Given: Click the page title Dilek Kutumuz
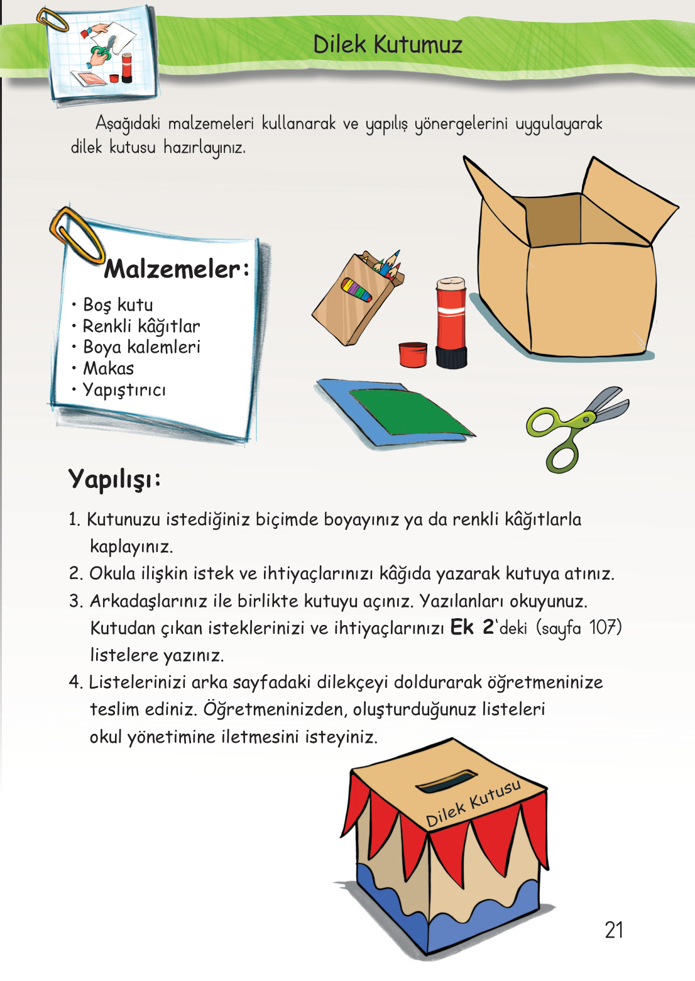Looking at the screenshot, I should click(x=388, y=45).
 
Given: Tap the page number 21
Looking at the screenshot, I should click(x=613, y=929).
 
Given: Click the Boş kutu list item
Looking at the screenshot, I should click(x=118, y=305).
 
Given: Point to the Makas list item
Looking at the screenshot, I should click(x=109, y=369).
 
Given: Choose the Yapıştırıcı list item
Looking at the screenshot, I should click(x=124, y=390).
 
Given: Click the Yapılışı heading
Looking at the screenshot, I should click(x=114, y=479).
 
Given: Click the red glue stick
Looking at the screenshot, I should click(x=451, y=322).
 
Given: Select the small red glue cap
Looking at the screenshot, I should click(x=413, y=355).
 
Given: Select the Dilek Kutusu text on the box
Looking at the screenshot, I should click(x=473, y=803).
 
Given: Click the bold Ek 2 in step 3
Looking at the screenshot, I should click(x=472, y=628).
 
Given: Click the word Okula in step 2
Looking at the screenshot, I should click(x=112, y=574).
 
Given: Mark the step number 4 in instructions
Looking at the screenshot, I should click(x=75, y=682).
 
